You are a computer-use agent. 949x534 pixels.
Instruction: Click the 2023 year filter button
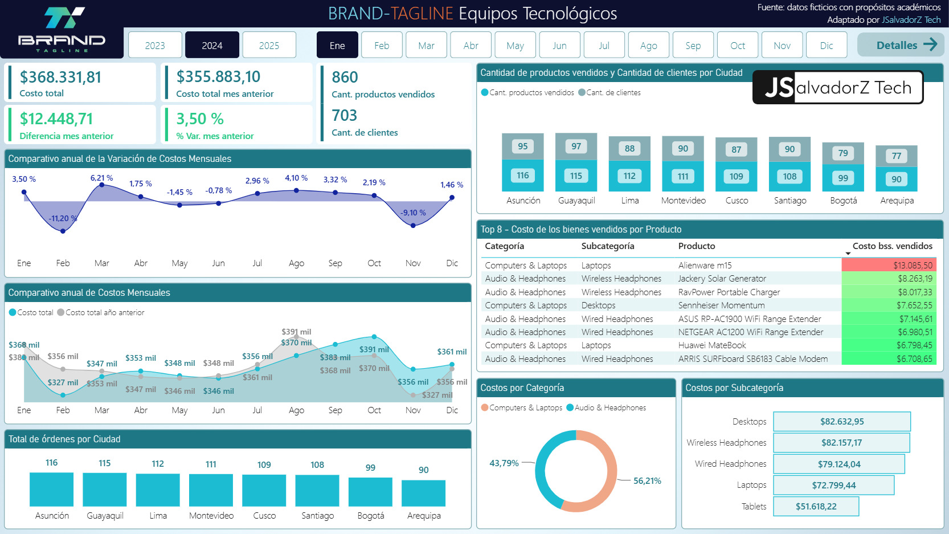(155, 45)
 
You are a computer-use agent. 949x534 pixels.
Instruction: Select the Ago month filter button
(649, 45)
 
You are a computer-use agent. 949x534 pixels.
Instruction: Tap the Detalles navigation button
(901, 44)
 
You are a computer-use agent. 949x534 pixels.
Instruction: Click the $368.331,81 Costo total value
(60, 77)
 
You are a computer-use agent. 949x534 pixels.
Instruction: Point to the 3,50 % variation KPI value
(200, 119)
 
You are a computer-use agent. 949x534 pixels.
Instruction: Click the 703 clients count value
(345, 115)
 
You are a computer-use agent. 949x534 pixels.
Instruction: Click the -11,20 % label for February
(63, 218)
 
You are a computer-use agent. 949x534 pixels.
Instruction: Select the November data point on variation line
(413, 226)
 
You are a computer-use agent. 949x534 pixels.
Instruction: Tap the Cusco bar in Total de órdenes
(264, 490)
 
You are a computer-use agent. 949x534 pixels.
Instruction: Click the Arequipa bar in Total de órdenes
(423, 493)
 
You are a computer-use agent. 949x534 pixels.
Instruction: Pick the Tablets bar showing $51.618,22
(816, 507)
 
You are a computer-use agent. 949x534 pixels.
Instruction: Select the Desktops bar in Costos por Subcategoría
(842, 421)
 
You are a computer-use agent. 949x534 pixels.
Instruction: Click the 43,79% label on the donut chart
(504, 463)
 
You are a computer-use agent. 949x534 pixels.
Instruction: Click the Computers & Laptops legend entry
(522, 407)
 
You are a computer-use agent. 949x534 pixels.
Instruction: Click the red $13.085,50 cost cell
(889, 266)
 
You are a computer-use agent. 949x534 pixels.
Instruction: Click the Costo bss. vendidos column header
(892, 246)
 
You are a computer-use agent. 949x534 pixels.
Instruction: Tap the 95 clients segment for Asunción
(523, 146)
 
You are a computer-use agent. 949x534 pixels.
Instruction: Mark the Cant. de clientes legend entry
(610, 92)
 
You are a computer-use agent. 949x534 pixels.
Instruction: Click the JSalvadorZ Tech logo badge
(837, 87)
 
